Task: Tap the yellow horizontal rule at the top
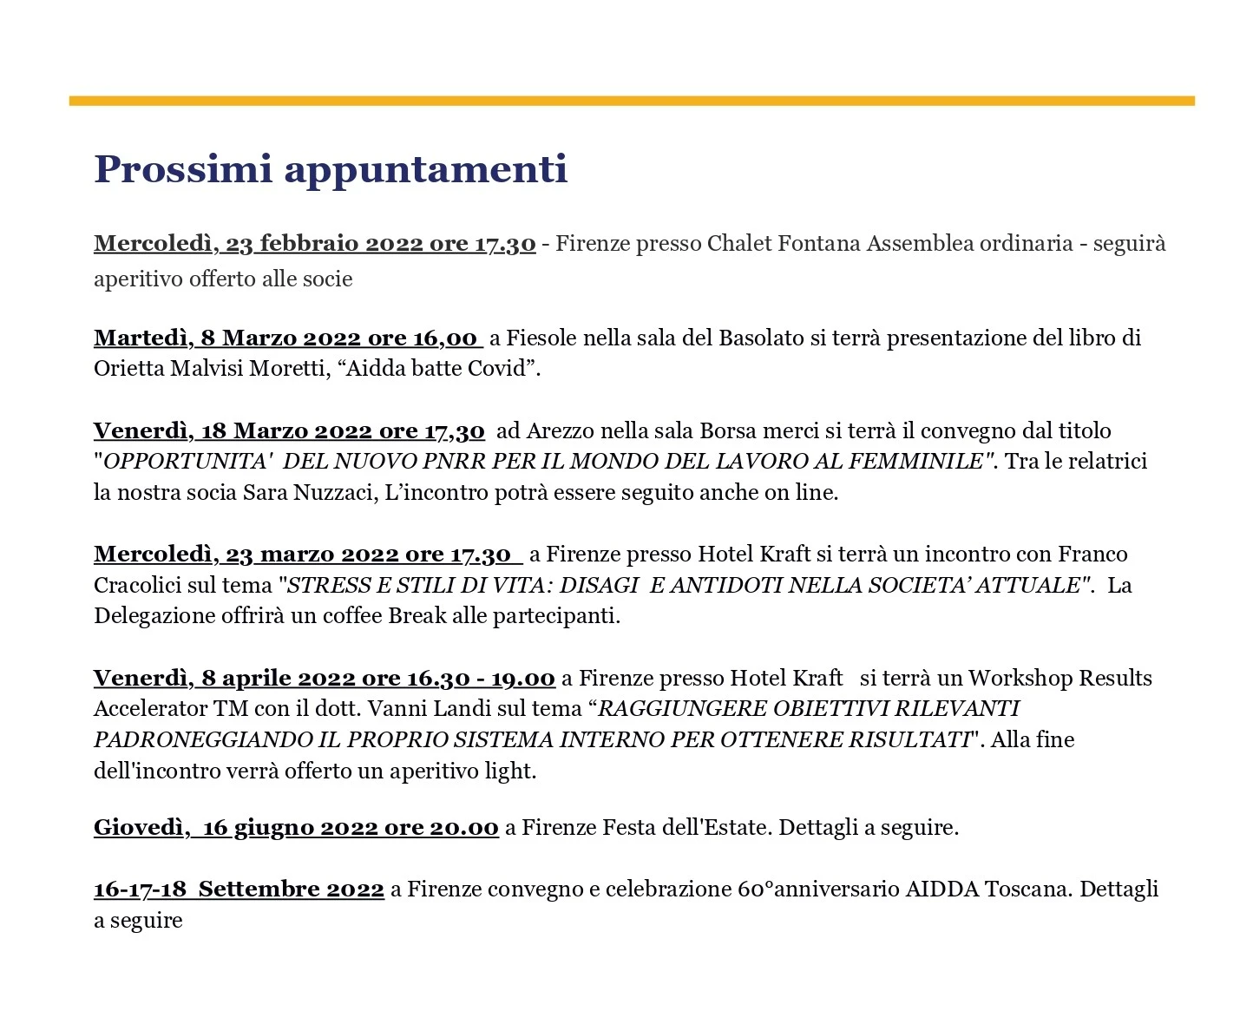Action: [631, 101]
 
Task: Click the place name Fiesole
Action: [541, 338]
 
